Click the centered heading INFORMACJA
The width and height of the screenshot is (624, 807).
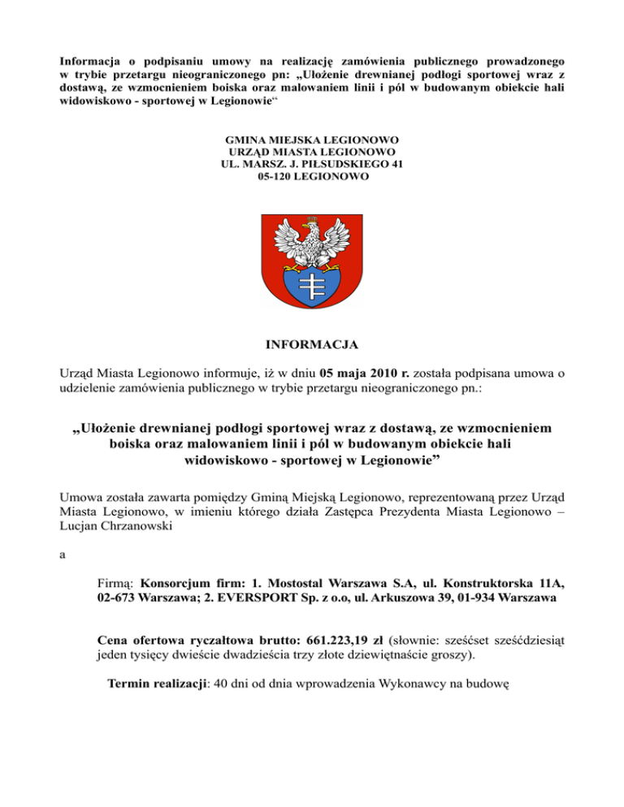click(x=312, y=345)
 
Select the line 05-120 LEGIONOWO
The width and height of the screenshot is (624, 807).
click(x=312, y=176)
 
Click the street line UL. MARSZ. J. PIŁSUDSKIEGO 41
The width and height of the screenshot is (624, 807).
click(x=312, y=164)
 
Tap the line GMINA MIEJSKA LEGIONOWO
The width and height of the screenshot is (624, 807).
click(x=312, y=140)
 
